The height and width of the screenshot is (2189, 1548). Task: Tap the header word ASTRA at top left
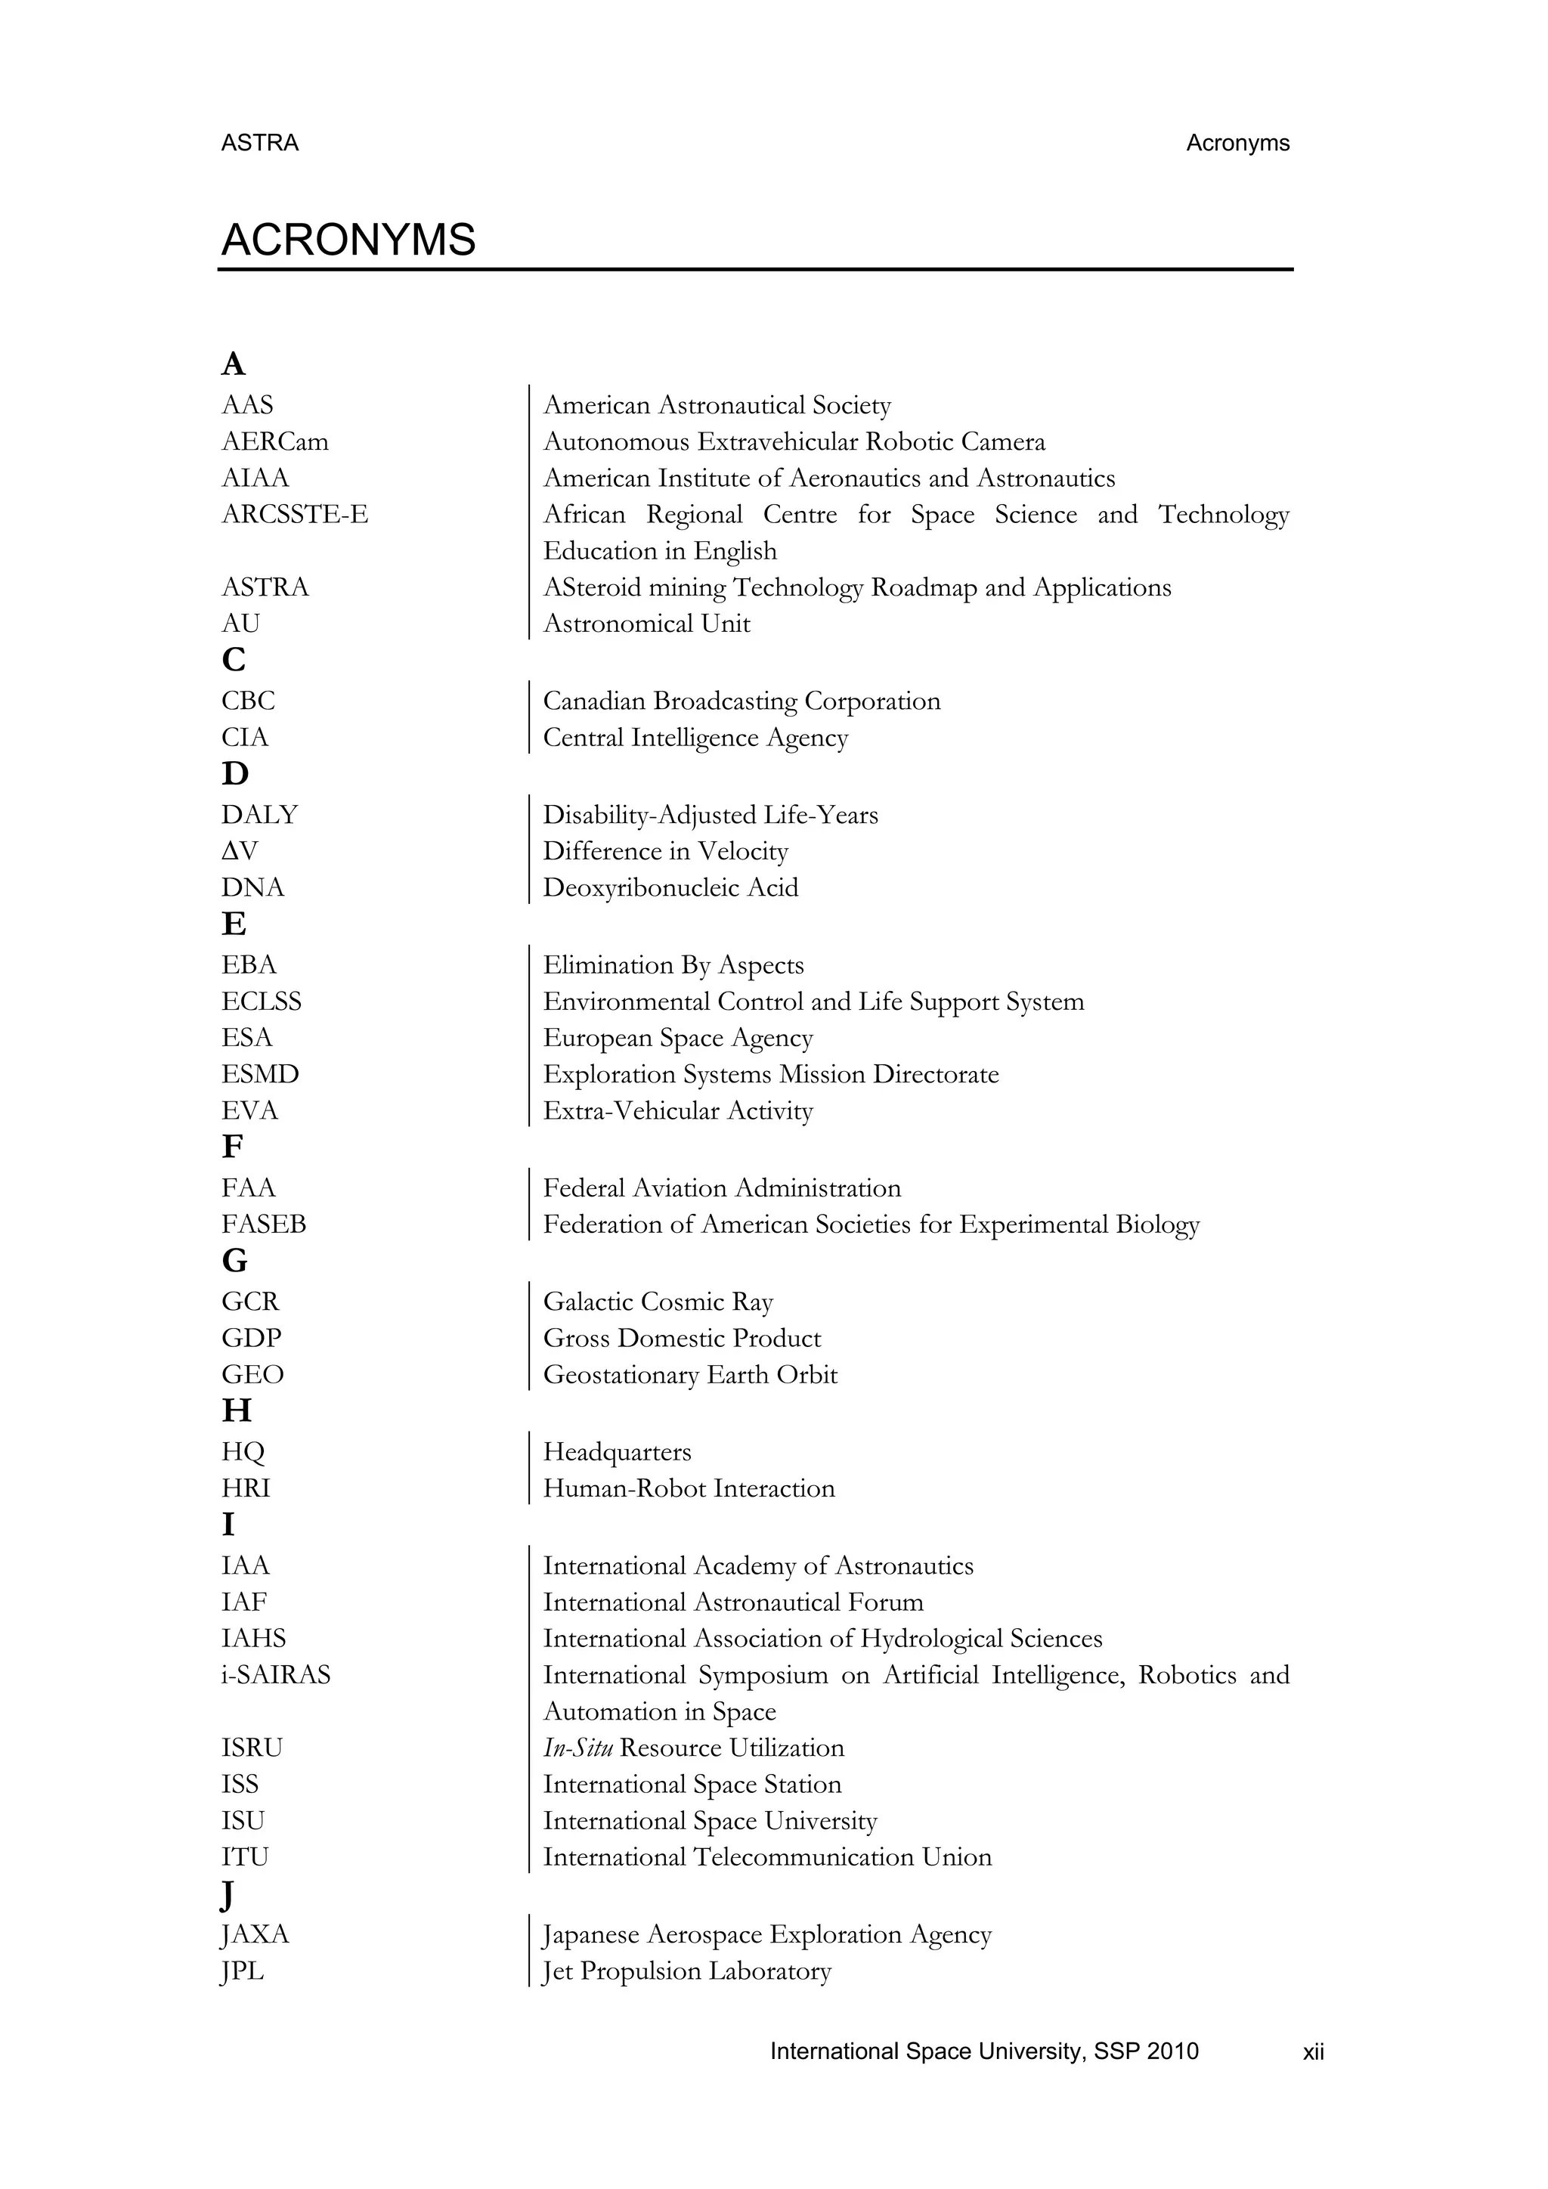[259, 143]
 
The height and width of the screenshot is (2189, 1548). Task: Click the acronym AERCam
[274, 441]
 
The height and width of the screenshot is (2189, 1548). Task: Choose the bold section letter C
[234, 660]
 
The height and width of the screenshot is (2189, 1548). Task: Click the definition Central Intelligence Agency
[695, 738]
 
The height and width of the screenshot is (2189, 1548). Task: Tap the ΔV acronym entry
[240, 851]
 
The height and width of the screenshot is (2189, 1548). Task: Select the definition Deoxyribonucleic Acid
[670, 887]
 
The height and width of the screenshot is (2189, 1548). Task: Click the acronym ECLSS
[262, 1001]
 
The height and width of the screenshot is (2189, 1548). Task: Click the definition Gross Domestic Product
[682, 1339]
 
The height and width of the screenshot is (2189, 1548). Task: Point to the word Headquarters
[617, 1452]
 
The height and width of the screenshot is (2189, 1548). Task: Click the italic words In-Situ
[577, 1748]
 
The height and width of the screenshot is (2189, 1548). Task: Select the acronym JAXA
[255, 1934]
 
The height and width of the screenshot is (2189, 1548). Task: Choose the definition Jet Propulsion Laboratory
[686, 1971]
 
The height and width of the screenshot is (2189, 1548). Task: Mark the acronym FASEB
[263, 1225]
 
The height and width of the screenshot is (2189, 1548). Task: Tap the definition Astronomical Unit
[646, 624]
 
